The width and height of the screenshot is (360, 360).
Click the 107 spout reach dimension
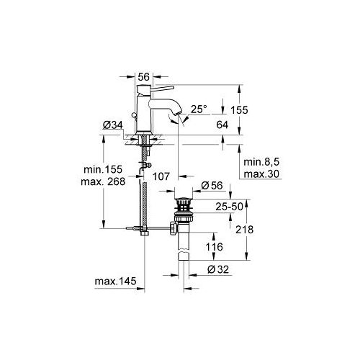(161, 176)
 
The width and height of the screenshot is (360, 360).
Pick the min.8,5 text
(260, 163)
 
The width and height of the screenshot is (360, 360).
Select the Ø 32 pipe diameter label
(218, 271)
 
